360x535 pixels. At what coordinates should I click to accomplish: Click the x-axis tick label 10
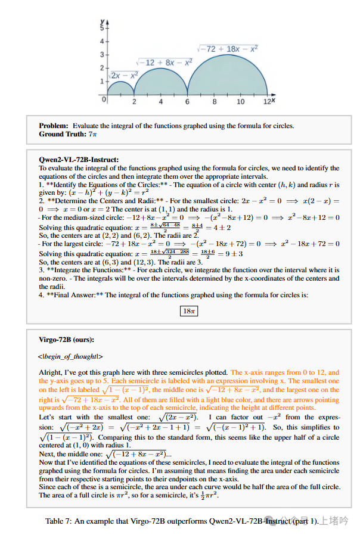coord(240,102)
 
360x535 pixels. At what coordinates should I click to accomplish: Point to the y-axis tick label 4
coord(101,41)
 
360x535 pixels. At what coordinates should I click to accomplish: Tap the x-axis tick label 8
coord(214,102)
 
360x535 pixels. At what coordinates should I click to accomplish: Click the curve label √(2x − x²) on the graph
coord(125,76)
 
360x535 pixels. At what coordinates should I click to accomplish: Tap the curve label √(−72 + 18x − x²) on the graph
coord(227,48)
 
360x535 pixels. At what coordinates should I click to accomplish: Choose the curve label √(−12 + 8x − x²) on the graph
coord(164,62)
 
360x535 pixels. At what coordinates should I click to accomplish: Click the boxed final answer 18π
coord(188,310)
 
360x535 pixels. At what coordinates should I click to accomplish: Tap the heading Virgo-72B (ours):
coord(66,340)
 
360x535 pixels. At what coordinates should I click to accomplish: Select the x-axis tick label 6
coord(187,102)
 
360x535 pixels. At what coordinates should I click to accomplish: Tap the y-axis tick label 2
coord(101,68)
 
